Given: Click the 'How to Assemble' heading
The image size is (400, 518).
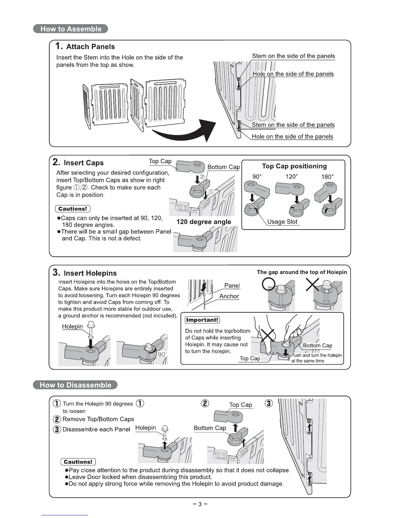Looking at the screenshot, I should point(71,29).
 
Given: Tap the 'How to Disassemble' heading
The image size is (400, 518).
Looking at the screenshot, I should point(75,385).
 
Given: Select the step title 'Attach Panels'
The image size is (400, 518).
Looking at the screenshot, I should point(90,46).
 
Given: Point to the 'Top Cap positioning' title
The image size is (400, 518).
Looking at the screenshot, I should point(294,166).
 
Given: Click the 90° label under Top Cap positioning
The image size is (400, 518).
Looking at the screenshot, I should point(257,177).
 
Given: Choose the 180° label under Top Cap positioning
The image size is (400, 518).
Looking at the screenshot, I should point(327,177).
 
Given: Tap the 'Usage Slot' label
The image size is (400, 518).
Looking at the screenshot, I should point(282,222).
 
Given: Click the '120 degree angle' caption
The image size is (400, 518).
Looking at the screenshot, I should point(204,222).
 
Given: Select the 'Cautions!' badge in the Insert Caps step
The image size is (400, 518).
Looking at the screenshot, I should point(73,209).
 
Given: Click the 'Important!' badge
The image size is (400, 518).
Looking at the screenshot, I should point(202,320).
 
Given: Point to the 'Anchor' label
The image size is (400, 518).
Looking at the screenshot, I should point(229,296).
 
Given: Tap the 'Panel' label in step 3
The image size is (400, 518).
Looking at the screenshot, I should point(232,285).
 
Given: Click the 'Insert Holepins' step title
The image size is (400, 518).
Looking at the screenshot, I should point(90,273).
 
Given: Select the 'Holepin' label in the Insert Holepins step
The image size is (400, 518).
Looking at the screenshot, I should point(73,326).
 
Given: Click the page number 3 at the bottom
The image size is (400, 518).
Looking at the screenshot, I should point(200,504).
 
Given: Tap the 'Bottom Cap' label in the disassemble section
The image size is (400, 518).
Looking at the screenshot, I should point(210,428).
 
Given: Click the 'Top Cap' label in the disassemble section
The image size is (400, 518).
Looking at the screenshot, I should point(241,405).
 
